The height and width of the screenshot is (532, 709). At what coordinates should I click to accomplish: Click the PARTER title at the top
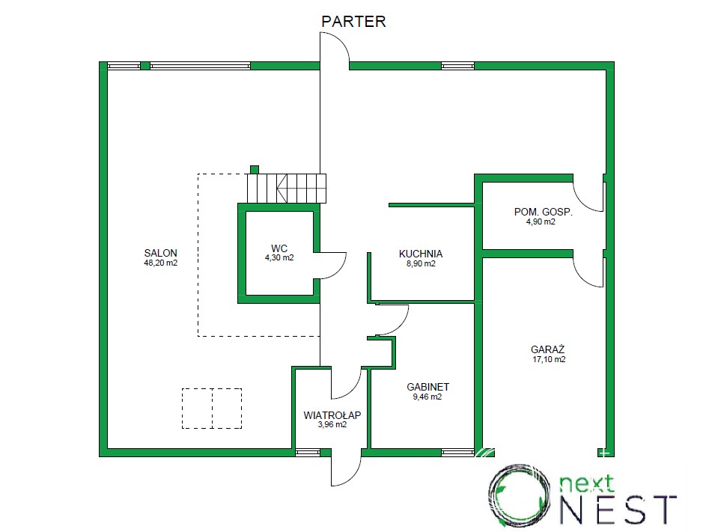353,21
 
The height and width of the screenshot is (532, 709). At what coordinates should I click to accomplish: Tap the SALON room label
160,253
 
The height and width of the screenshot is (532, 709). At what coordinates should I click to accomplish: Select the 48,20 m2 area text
160,263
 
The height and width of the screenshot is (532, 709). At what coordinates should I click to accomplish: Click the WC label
279,248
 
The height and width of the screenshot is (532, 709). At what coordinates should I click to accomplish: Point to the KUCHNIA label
421,254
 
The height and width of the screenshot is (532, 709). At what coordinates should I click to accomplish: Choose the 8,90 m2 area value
421,264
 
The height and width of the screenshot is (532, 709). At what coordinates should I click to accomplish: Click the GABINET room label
427,387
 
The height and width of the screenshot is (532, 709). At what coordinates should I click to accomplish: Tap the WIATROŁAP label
332,415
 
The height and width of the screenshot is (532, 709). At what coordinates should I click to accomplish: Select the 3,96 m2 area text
332,425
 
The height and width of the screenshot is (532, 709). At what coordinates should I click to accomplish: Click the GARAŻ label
548,349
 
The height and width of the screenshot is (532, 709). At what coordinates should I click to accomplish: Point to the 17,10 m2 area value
549,360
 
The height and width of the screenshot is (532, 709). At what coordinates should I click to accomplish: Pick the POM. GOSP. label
543,212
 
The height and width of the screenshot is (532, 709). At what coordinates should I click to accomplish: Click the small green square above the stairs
255,170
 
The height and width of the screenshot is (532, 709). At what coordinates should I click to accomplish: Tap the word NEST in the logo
619,510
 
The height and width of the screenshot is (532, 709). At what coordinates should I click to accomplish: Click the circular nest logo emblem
520,495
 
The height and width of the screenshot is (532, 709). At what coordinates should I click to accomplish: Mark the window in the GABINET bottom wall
457,453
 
